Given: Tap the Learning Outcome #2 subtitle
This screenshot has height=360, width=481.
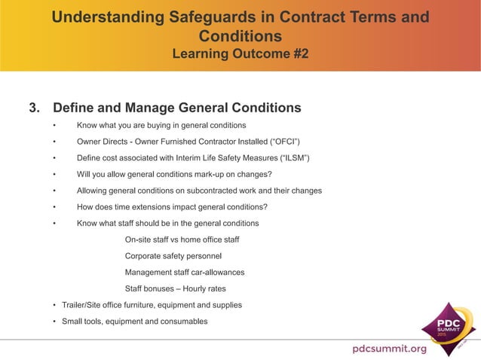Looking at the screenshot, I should [x=240, y=54].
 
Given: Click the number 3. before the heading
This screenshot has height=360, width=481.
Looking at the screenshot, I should [x=35, y=107].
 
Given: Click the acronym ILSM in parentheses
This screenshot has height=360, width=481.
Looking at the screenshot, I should [x=294, y=157].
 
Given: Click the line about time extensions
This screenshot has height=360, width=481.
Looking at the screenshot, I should [x=172, y=207].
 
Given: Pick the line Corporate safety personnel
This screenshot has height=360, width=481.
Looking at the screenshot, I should [x=173, y=256].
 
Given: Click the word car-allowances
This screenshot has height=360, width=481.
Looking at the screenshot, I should [x=216, y=272].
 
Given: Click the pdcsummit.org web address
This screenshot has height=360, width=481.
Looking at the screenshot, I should [x=389, y=348].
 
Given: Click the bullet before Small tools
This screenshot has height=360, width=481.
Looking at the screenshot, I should [x=54, y=322].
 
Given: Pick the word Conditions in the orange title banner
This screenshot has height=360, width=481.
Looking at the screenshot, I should [x=240, y=36].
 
